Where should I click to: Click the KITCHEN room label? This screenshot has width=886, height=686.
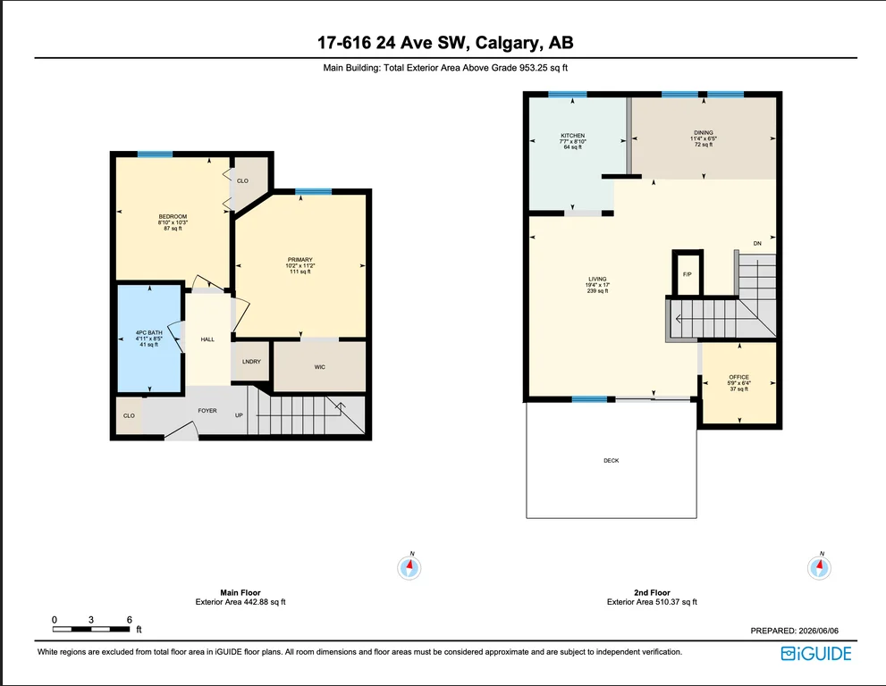click(572, 136)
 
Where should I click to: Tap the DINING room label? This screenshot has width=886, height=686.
click(704, 133)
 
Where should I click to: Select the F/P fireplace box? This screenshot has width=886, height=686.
click(688, 273)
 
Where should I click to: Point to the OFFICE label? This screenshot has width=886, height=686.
click(738, 377)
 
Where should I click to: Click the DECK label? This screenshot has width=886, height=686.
click(611, 461)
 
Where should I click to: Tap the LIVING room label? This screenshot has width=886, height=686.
click(597, 279)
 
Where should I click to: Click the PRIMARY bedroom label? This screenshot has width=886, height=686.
click(300, 260)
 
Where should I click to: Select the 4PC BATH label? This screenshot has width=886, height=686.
click(149, 332)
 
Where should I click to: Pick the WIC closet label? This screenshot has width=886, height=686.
click(320, 367)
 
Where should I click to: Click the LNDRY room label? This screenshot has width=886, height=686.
click(251, 362)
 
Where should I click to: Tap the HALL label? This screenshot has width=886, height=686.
click(207, 339)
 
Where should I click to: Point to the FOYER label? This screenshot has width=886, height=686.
click(207, 411)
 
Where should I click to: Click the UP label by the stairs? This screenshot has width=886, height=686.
click(239, 415)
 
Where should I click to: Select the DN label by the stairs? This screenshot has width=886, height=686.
click(757, 243)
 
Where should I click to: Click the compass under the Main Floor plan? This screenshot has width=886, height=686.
click(409, 567)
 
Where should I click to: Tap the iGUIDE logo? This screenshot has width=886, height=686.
click(816, 654)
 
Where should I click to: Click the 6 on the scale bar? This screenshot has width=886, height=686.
click(130, 619)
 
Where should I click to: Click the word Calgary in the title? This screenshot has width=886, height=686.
click(507, 43)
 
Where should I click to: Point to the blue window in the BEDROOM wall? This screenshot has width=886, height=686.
click(155, 155)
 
